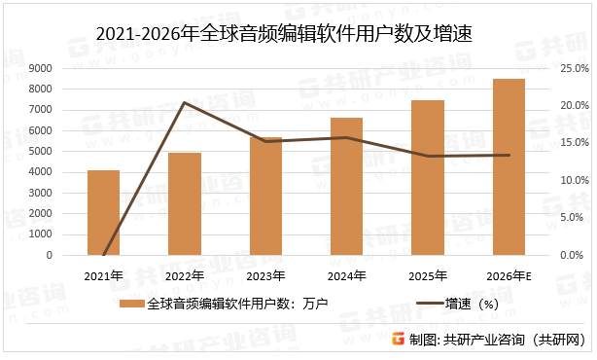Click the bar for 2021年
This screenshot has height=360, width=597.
point(103,213)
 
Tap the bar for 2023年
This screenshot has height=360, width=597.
point(265,197)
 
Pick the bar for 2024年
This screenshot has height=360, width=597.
point(346,187)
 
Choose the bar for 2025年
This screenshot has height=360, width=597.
point(428,178)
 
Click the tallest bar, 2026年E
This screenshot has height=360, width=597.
point(509,167)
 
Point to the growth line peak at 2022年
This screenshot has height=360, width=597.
point(185,102)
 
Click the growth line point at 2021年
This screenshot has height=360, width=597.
point(103,255)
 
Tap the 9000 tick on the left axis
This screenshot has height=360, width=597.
point(41,68)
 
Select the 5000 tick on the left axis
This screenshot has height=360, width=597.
point(41,152)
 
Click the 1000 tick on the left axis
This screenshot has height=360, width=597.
point(41,234)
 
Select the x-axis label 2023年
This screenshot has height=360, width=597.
point(265,276)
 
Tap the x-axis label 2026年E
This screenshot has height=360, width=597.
point(509,276)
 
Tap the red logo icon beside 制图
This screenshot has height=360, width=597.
point(397,340)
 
